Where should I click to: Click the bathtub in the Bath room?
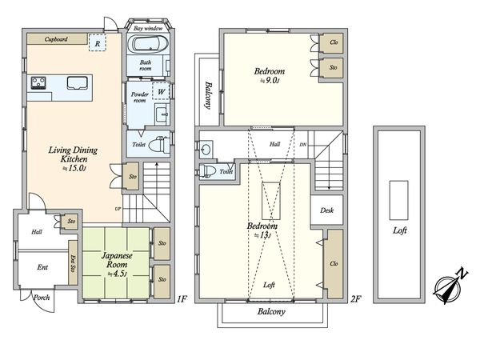(147, 44)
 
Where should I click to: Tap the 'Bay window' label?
(148, 29)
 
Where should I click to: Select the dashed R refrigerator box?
(98, 42)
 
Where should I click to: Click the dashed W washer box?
(161, 91)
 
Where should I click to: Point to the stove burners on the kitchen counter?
(38, 82)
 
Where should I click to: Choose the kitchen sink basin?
(77, 83)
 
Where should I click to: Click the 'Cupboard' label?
(56, 39)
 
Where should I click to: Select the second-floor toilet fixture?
(207, 171)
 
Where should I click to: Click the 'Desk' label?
(326, 210)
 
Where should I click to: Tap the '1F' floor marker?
(181, 298)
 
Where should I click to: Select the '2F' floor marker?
(355, 298)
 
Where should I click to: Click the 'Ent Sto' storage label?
(73, 263)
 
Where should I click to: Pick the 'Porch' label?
(42, 298)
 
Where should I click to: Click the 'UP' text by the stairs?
(118, 209)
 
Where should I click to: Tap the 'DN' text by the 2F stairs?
(302, 145)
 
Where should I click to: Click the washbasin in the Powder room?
(162, 114)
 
